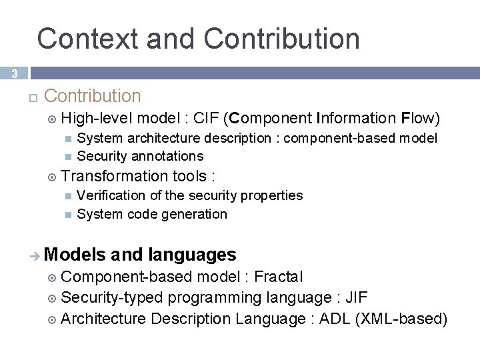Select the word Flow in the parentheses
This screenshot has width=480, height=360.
tap(418, 119)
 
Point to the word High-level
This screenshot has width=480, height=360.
tap(96, 119)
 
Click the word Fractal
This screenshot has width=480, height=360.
tap(279, 277)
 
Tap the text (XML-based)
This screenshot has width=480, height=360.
tap(401, 319)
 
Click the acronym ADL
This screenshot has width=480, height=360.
tap(334, 319)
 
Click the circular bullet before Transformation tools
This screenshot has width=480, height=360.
tap(53, 177)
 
